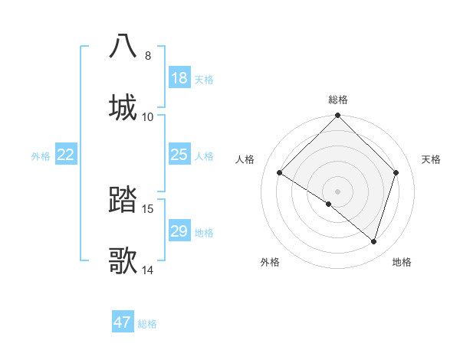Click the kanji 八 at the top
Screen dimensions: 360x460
coord(123,46)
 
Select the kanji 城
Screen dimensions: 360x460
coord(123,106)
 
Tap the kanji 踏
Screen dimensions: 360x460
coord(123,201)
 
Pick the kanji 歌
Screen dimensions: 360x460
coord(123,260)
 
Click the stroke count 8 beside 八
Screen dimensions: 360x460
coord(148,56)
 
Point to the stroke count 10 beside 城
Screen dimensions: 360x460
coord(148,116)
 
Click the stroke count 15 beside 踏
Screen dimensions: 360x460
coord(148,209)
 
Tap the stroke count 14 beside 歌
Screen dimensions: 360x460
coord(148,270)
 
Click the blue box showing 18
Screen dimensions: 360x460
coord(179,78)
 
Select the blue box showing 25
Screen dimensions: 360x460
coord(179,155)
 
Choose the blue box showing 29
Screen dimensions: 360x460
coord(179,231)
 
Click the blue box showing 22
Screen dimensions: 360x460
coord(66,155)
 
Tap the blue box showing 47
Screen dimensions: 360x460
coord(123,322)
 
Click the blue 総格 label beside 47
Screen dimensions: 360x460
coord(147,324)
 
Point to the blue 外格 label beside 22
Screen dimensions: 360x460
coord(41,156)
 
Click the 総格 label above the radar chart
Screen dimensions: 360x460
coord(338,100)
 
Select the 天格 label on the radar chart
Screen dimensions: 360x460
coord(432,159)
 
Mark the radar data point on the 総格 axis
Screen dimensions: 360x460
coord(338,116)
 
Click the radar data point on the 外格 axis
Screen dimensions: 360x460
coord(329,204)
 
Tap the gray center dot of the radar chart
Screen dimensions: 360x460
coord(338,191)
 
